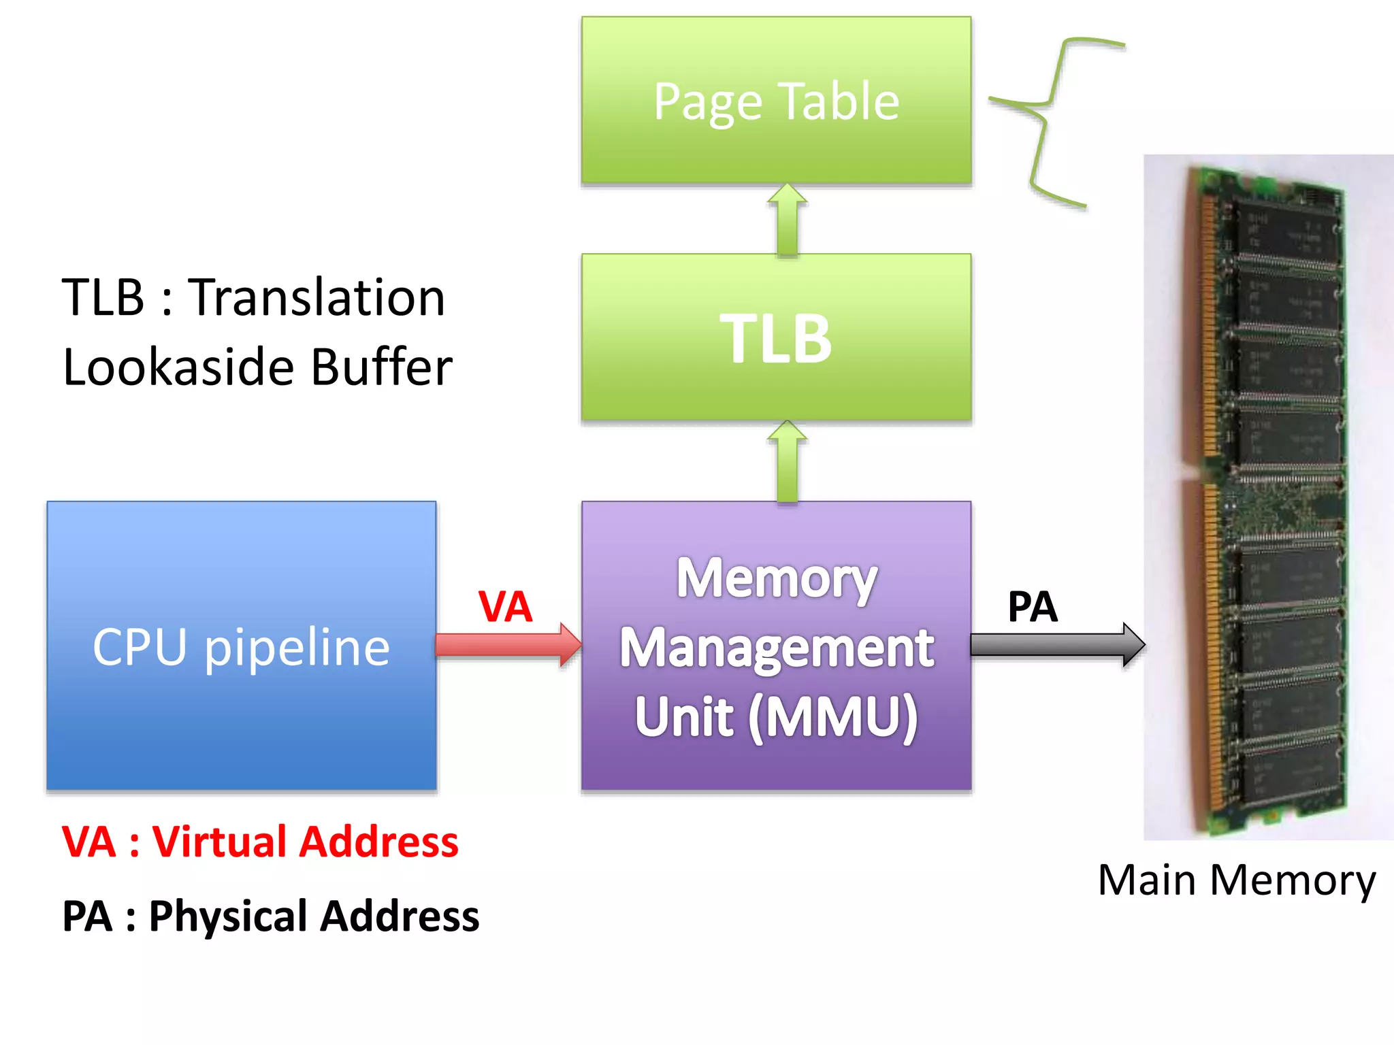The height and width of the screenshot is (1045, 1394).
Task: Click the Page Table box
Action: [x=776, y=101]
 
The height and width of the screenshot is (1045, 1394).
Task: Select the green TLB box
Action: [x=776, y=337]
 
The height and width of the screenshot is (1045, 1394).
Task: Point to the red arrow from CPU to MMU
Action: [x=507, y=644]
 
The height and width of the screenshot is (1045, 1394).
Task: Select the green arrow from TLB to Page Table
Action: [x=787, y=220]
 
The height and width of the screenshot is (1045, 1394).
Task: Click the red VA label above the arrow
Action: [x=504, y=606]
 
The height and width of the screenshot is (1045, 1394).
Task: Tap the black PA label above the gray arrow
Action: [x=1032, y=606]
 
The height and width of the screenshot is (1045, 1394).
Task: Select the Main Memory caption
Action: [x=1236, y=880]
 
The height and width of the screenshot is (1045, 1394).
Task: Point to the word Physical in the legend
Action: [x=229, y=916]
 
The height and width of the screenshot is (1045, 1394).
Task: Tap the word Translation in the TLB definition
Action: [x=317, y=298]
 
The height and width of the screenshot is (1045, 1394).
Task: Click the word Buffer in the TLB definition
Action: [x=381, y=367]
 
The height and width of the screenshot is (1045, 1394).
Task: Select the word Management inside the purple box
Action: [x=776, y=648]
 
